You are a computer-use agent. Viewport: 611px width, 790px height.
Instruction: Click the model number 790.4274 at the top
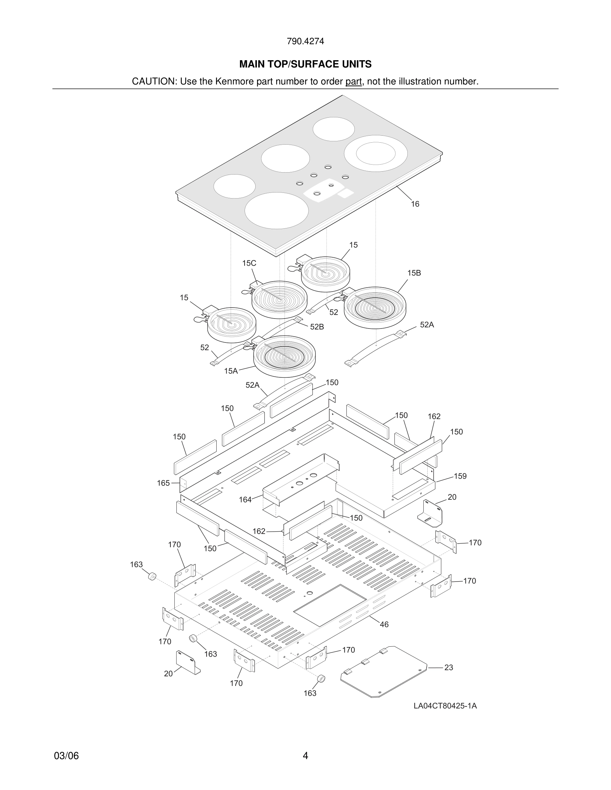coord(305,42)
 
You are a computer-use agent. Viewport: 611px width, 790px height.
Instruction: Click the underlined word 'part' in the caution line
coord(353,82)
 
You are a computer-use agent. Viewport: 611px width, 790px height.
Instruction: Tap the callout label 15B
coord(414,273)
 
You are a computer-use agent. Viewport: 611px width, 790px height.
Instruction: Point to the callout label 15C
coord(249,263)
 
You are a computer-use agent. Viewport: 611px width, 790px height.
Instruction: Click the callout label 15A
coord(231,371)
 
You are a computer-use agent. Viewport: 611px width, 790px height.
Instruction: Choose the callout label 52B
coord(317,327)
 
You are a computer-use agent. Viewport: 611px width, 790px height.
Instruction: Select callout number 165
coord(163,483)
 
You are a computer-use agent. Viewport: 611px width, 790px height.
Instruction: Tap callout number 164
coord(245,500)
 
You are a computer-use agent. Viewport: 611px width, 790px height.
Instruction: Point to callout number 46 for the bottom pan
coord(384,625)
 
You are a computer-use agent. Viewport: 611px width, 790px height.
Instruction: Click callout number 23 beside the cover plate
coord(449,668)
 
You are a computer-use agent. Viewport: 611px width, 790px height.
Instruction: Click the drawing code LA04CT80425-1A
coord(445,706)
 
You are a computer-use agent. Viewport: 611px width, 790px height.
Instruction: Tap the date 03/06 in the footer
coord(66,756)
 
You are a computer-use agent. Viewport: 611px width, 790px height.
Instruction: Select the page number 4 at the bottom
coord(305,756)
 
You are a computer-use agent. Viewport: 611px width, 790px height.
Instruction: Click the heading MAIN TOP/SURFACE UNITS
coord(305,65)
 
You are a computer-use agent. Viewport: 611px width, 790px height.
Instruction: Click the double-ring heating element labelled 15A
coord(284,356)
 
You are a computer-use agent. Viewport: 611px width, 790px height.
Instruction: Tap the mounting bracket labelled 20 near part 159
coord(431,514)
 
